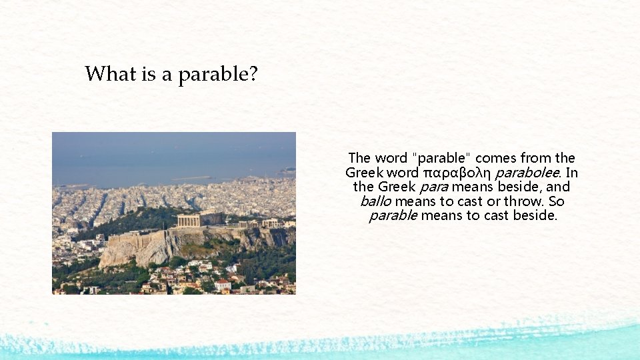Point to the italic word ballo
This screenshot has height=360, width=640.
pyautogui.click(x=375, y=201)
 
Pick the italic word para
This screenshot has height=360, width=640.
pyautogui.click(x=434, y=187)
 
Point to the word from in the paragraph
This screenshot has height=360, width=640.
pyautogui.click(x=536, y=158)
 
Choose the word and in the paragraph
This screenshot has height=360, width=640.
pyautogui.click(x=558, y=187)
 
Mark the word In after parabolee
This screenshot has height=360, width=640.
pyautogui.click(x=571, y=173)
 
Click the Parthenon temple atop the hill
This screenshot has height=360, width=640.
pyautogui.click(x=199, y=219)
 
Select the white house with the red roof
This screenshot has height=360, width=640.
pyautogui.click(x=223, y=284)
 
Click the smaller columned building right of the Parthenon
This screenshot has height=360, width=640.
pyautogui.click(x=269, y=223)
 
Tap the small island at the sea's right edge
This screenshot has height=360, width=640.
pyautogui.click(x=287, y=171)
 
